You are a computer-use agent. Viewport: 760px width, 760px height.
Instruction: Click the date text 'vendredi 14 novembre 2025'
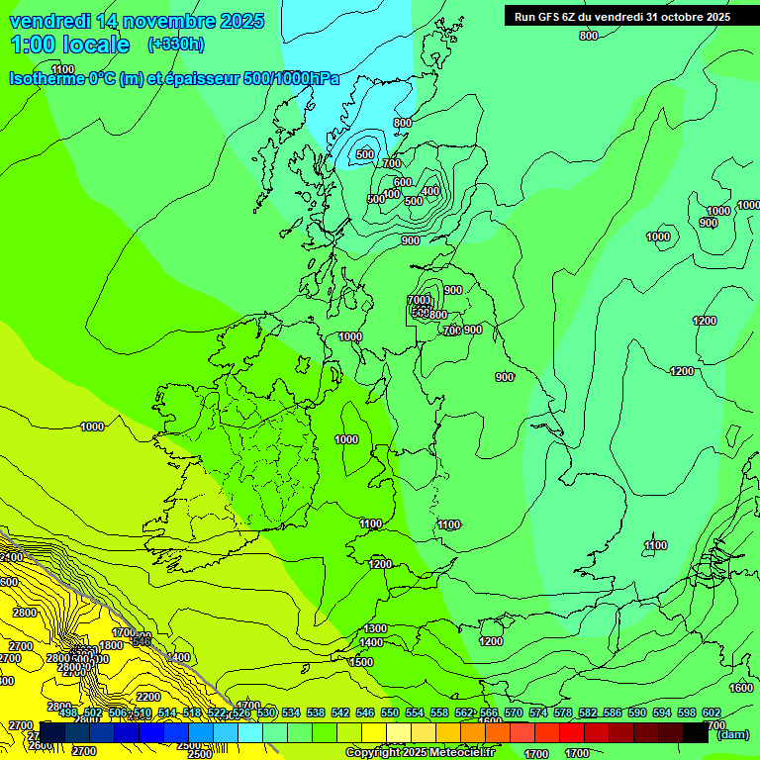pyautogui.click(x=137, y=21)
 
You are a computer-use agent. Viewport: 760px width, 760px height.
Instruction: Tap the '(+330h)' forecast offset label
pyautogui.click(x=176, y=45)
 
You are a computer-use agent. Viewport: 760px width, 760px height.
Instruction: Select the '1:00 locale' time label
pyautogui.click(x=69, y=45)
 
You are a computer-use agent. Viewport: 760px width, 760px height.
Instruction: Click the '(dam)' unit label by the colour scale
pyautogui.click(x=732, y=734)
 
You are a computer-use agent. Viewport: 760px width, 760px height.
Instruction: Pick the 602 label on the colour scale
pyautogui.click(x=711, y=712)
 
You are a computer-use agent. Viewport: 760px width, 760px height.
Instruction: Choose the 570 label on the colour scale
pyautogui.click(x=513, y=712)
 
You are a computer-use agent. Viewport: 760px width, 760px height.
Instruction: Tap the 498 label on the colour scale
pyautogui.click(x=67, y=712)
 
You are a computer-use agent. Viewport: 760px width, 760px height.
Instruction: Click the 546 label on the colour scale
pyautogui.click(x=364, y=712)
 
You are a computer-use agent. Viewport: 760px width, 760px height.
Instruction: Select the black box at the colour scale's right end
pyautogui.click(x=697, y=732)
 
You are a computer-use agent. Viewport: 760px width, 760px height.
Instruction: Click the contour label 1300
pyautogui.click(x=375, y=628)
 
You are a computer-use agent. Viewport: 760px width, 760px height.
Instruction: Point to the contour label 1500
pyautogui.click(x=361, y=662)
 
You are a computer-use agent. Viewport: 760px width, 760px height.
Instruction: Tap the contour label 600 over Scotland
pyautogui.click(x=402, y=182)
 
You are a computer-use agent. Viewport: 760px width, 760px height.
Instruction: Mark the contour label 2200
pyautogui.click(x=148, y=697)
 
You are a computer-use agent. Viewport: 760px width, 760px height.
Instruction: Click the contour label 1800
pyautogui.click(x=111, y=645)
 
